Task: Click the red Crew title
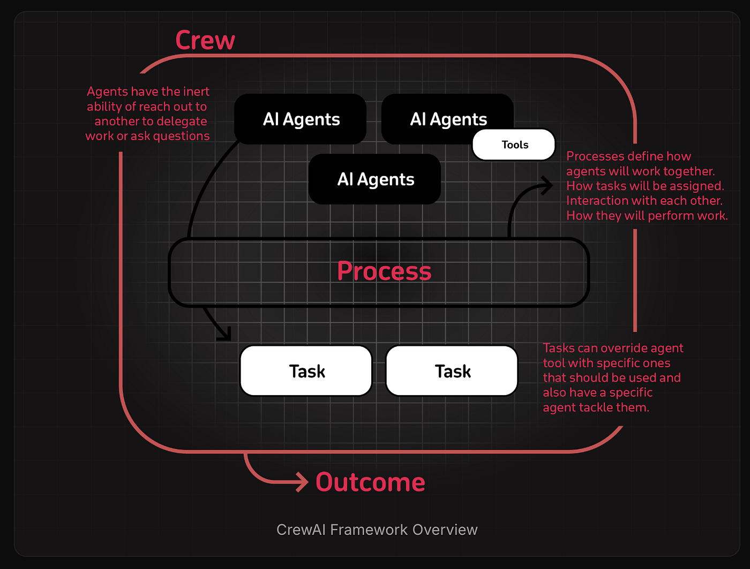click(x=205, y=41)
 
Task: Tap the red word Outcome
click(x=370, y=482)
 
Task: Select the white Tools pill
click(x=514, y=145)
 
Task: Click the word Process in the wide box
click(x=384, y=271)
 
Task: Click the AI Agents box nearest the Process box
click(x=375, y=179)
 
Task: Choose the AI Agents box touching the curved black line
click(x=301, y=119)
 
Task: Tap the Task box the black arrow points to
click(x=306, y=371)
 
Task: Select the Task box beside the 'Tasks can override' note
click(x=452, y=371)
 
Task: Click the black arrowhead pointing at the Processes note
click(x=547, y=186)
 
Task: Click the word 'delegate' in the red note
click(x=182, y=122)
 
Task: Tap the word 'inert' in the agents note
click(x=196, y=92)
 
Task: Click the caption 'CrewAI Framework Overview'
click(x=377, y=530)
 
